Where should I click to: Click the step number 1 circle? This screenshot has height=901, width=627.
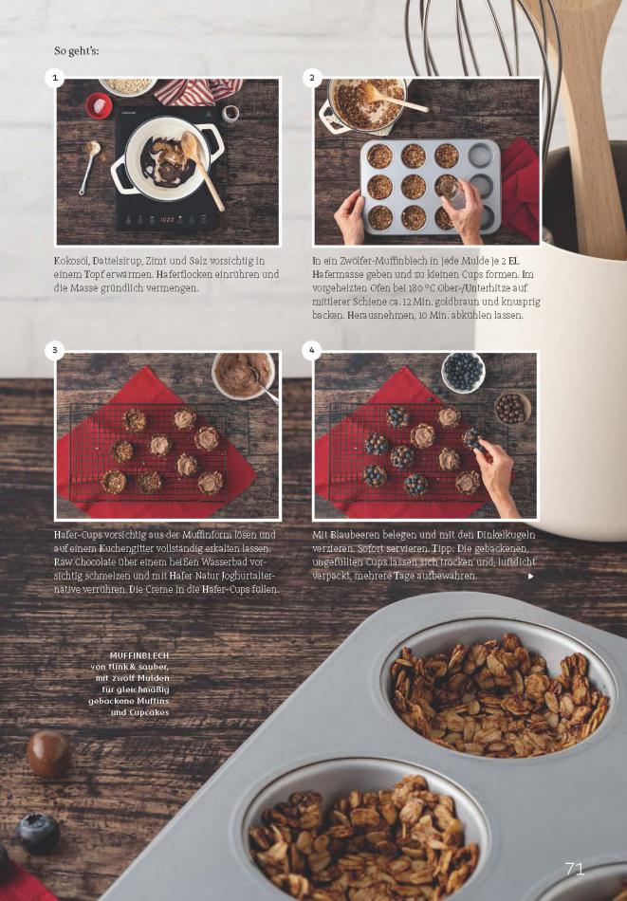pos(55,78)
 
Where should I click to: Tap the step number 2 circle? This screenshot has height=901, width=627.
pos(312,78)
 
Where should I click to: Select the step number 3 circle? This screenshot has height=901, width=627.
pos(55,349)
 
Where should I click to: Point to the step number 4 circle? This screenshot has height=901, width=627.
pos(312,349)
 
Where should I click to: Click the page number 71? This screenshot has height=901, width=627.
pos(575,868)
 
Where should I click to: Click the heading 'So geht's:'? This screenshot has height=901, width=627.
pos(77,51)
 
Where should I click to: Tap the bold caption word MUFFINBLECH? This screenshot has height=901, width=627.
pos(139,655)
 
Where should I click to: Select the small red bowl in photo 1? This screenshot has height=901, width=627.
pos(99,106)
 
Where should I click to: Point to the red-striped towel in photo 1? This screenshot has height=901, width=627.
pos(197,91)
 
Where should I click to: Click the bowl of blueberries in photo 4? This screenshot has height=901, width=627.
pos(463,373)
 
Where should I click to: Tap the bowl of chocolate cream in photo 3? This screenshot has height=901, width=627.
pos(243,376)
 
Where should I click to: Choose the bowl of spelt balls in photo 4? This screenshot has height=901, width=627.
pos(512,409)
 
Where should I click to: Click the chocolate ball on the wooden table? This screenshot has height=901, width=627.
pos(48,754)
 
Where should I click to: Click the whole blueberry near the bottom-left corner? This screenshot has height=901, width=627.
pos(38,834)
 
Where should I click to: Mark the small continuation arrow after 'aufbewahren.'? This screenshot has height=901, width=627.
pos(530,576)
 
